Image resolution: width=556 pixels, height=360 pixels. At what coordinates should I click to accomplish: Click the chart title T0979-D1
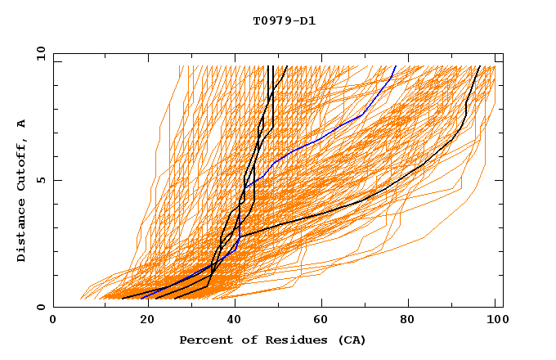pyautogui.click(x=284, y=21)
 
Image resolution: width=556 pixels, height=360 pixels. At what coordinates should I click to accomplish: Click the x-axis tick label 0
pyautogui.click(x=53, y=322)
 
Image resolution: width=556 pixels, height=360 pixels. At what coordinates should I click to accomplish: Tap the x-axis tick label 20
pyautogui.click(x=141, y=322)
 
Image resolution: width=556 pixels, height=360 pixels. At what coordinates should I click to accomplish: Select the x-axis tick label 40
pyautogui.click(x=230, y=322)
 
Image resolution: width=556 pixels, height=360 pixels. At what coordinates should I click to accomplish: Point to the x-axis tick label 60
pyautogui.click(x=318, y=322)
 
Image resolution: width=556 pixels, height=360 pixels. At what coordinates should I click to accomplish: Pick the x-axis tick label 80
pyautogui.click(x=406, y=322)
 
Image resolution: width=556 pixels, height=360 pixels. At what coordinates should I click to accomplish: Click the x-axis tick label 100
pyautogui.click(x=495, y=322)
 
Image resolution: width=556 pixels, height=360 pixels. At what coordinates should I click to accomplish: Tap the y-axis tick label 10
pyautogui.click(x=40, y=53)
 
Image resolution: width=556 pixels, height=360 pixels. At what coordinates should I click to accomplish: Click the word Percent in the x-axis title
pyautogui.click(x=204, y=340)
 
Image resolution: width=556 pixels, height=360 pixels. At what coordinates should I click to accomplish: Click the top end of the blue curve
pyautogui.click(x=396, y=66)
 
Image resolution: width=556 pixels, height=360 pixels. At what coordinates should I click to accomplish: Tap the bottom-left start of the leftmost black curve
pyautogui.click(x=122, y=299)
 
